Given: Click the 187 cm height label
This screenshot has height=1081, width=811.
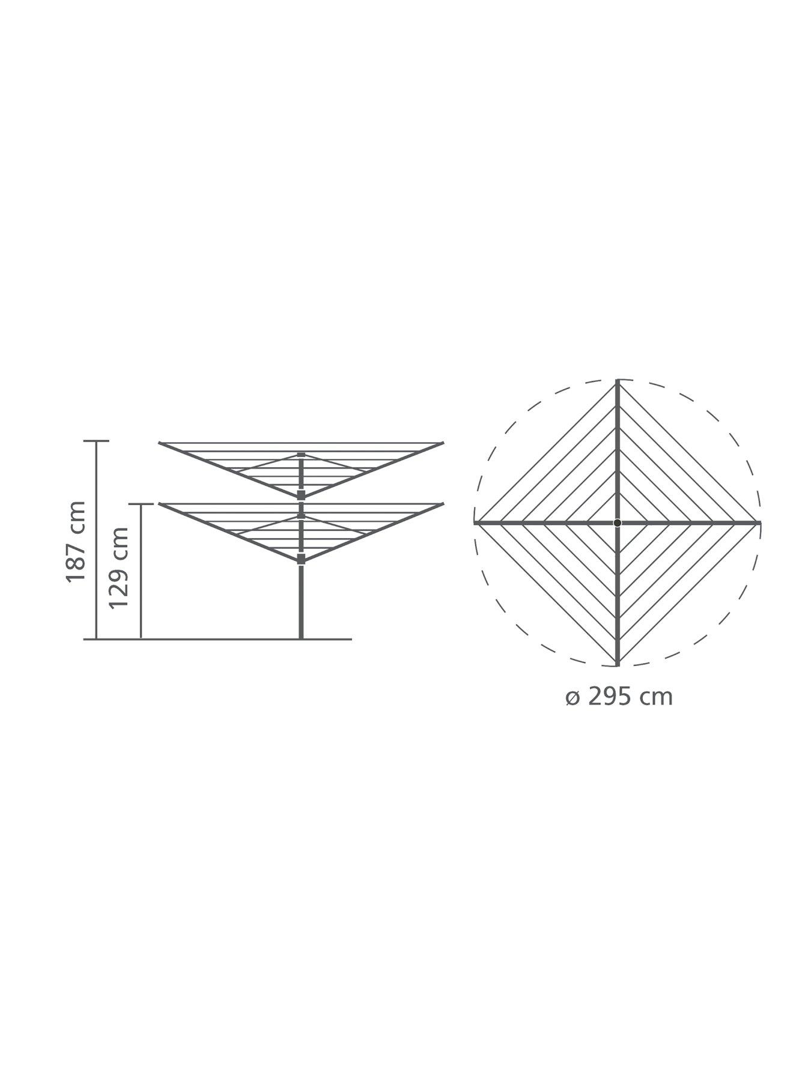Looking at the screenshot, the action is tap(76, 541).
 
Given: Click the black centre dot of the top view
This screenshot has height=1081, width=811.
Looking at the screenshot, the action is tap(618, 522).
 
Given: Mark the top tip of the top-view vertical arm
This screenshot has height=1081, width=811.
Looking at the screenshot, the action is tap(618, 380).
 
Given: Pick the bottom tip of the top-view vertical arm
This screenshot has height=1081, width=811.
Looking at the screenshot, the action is tap(618, 665).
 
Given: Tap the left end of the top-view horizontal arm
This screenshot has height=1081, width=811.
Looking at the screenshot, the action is tap(475, 522).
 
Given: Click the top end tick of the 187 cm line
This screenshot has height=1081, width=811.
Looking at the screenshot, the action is tap(96, 441).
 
